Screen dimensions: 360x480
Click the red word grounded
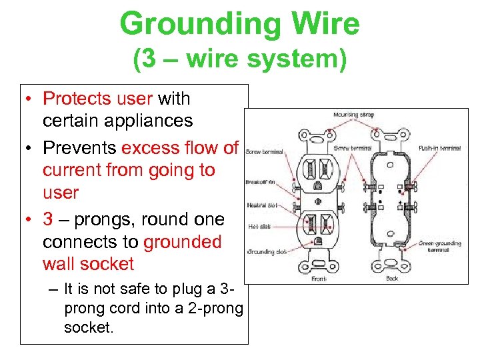(x=183, y=241)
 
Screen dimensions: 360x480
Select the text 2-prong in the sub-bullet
(x=219, y=309)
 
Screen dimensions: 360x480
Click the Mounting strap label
(x=354, y=115)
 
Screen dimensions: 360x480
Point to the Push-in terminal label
(x=439, y=148)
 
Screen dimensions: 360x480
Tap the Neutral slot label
(x=261, y=205)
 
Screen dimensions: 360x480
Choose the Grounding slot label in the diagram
(x=267, y=252)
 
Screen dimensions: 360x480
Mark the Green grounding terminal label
(x=440, y=247)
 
